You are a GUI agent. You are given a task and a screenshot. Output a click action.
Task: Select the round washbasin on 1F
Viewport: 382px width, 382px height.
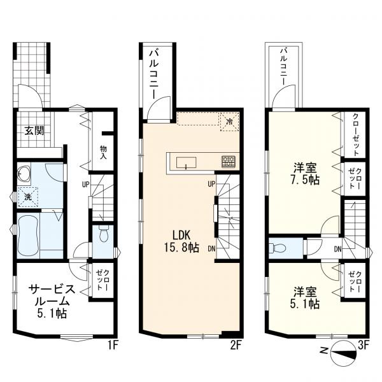(x=25, y=173)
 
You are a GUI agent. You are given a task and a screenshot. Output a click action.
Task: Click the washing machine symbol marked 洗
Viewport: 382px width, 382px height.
(x=27, y=198)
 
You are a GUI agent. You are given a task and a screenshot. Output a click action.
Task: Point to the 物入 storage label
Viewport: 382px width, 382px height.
(x=103, y=152)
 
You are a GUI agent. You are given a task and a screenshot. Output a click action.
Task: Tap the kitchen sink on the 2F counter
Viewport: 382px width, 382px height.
(x=187, y=161)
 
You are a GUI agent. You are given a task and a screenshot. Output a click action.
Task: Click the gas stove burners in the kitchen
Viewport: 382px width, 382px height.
(x=228, y=160)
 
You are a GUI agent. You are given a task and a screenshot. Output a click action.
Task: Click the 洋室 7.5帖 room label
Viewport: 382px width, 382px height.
(x=306, y=174)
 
